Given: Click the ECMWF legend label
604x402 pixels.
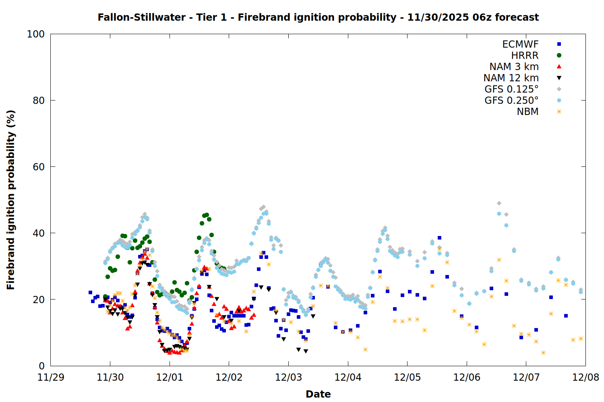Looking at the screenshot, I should click(x=520, y=44).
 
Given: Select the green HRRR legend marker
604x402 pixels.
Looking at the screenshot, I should click(x=559, y=55).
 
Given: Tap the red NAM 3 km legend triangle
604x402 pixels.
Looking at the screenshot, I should click(x=559, y=66).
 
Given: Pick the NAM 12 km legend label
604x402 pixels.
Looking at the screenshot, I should click(x=511, y=78).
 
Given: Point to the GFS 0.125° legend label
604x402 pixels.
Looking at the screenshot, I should click(x=511, y=89).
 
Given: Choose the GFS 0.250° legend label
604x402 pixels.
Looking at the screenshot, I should click(x=511, y=100).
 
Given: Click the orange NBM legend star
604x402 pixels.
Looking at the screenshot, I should click(x=559, y=112).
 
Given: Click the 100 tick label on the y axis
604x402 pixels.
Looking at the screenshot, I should click(x=36, y=34).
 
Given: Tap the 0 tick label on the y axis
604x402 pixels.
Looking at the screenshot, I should click(x=41, y=366).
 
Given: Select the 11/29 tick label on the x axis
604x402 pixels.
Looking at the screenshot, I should click(x=50, y=377).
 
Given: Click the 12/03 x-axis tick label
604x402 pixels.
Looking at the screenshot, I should click(x=288, y=377).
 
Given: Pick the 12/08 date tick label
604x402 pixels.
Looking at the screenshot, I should click(x=585, y=377).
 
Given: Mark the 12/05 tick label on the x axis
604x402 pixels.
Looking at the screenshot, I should click(x=407, y=377).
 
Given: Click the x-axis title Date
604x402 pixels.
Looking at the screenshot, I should click(x=318, y=394).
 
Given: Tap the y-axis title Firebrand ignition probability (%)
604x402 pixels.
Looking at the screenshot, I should click(x=10, y=200).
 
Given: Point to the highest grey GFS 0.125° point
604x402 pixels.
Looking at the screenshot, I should click(x=499, y=203).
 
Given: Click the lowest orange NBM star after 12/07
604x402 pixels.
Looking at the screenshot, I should click(x=543, y=353).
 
